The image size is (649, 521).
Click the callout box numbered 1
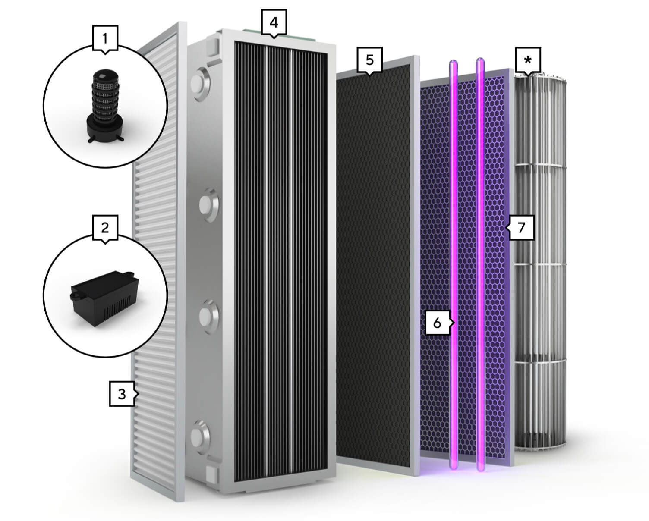point(105,38)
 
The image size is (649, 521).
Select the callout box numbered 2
point(105,228)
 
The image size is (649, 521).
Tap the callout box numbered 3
point(122,394)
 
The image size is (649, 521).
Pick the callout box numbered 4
point(274,22)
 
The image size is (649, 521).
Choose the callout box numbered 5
point(370,60)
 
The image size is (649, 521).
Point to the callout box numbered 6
point(438,323)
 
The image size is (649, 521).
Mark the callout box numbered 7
point(521,228)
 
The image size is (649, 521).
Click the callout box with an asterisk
point(528,60)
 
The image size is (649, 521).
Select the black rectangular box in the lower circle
point(104,298)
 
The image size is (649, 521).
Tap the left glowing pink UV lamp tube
point(453,265)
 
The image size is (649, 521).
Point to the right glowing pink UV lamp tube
point(480,264)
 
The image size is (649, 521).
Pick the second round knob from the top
point(209,205)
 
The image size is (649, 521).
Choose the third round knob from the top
point(209,316)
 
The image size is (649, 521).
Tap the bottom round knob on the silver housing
point(200,436)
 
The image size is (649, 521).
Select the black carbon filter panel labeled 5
point(378,265)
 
